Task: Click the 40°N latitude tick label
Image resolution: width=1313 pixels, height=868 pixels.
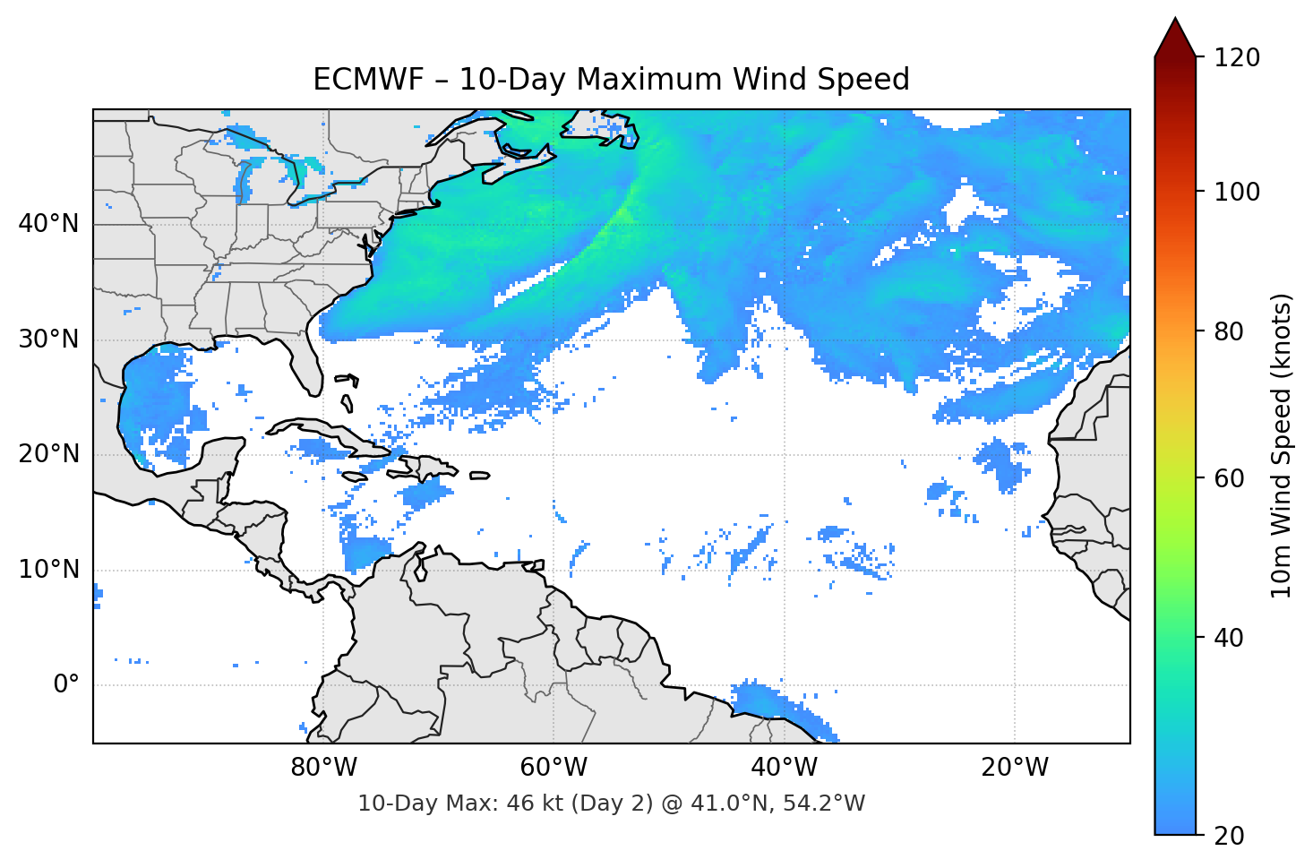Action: pos(48,224)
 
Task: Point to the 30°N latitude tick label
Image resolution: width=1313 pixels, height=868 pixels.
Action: pos(48,339)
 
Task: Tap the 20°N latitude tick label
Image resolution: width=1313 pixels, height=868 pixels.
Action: pos(48,454)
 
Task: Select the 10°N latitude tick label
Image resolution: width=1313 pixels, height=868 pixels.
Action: pos(48,570)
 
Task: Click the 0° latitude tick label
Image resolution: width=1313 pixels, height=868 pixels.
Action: pos(66,684)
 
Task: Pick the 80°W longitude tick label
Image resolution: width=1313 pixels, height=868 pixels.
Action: pos(323,768)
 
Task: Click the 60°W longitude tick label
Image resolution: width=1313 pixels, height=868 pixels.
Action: pos(554,768)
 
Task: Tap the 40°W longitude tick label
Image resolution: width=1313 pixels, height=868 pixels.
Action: pos(784,768)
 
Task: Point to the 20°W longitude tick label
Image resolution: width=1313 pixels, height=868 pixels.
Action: pos(1014,768)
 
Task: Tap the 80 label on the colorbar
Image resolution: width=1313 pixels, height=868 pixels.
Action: pos(1229,331)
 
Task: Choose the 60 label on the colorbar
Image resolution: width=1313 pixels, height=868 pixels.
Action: pos(1229,478)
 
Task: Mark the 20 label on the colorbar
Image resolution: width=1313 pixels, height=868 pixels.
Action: pos(1229,836)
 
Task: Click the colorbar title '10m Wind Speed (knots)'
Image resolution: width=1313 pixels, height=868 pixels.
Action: pos(1282,445)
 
